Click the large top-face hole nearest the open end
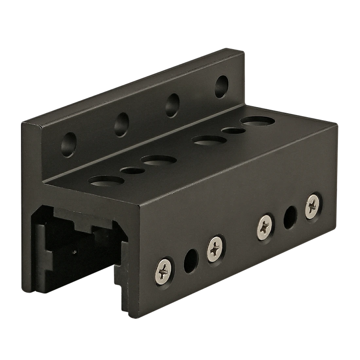105,181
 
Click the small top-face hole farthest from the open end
234,131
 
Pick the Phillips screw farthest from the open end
313,206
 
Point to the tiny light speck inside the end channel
75,252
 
